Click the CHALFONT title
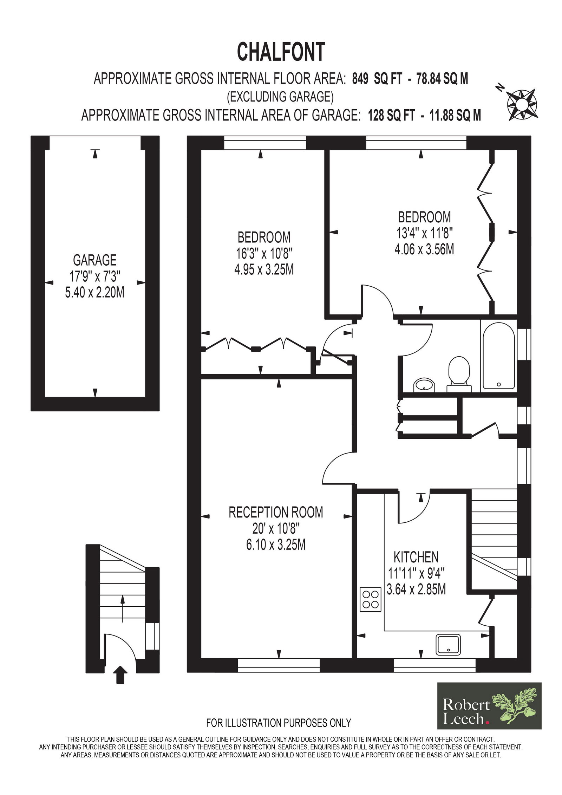point(281,52)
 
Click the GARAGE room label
point(94,260)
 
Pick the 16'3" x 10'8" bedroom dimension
point(264,253)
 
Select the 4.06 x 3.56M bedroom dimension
point(424,249)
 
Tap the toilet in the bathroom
point(459,374)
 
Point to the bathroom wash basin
point(425,385)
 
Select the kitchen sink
point(448,644)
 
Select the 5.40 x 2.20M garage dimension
point(94,292)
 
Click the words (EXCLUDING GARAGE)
point(280,97)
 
